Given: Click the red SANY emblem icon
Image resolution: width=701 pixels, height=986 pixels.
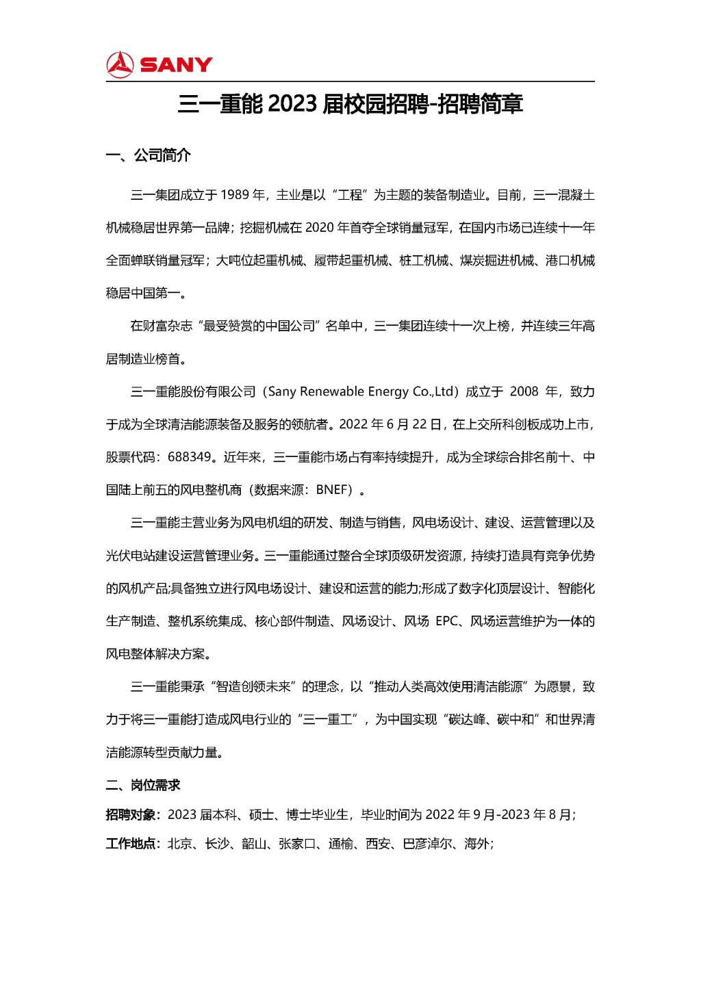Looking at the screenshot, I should [120, 64].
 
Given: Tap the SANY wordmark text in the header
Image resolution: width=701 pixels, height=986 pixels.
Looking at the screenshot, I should [176, 65].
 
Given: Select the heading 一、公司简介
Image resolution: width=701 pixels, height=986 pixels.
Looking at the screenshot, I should [148, 156].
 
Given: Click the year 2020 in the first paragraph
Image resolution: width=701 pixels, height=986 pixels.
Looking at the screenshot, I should [319, 228].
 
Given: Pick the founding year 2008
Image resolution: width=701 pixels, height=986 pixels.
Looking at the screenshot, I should [524, 392].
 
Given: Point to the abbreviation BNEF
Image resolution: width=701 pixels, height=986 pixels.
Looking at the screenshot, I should [334, 490].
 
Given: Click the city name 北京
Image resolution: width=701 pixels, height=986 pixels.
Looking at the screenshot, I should [179, 844].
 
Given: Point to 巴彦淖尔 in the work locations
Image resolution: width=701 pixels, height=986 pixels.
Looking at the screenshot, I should [426, 844].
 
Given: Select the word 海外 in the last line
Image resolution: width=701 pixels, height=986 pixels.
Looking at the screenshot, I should [476, 844].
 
